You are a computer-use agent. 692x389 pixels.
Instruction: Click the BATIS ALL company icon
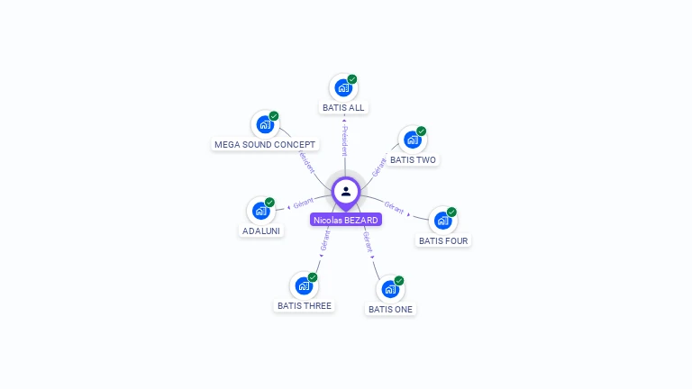342,87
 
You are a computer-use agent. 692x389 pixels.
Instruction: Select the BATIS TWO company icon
412,140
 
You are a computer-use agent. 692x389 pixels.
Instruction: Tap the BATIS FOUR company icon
442,221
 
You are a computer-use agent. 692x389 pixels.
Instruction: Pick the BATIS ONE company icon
390,289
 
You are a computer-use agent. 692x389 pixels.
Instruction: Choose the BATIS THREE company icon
304,286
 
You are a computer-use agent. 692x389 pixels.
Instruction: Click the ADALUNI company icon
260,211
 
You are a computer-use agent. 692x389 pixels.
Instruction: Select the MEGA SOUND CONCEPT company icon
264,124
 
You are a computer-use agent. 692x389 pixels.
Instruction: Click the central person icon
346,191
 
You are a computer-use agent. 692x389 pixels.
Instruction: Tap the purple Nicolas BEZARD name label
346,220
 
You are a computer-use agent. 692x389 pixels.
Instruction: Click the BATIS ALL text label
343,107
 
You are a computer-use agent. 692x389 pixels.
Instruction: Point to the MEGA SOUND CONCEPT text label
265,144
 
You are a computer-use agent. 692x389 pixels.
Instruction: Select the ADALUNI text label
261,231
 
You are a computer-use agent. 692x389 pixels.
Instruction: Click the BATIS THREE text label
305,306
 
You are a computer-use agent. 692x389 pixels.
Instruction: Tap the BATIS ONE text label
390,309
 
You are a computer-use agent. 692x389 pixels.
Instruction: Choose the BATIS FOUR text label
444,240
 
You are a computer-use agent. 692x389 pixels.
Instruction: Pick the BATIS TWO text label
413,160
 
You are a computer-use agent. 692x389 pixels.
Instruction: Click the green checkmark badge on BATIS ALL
352,79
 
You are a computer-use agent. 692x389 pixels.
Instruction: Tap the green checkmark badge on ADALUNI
269,203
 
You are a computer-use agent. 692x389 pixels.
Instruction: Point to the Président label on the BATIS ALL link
344,140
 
